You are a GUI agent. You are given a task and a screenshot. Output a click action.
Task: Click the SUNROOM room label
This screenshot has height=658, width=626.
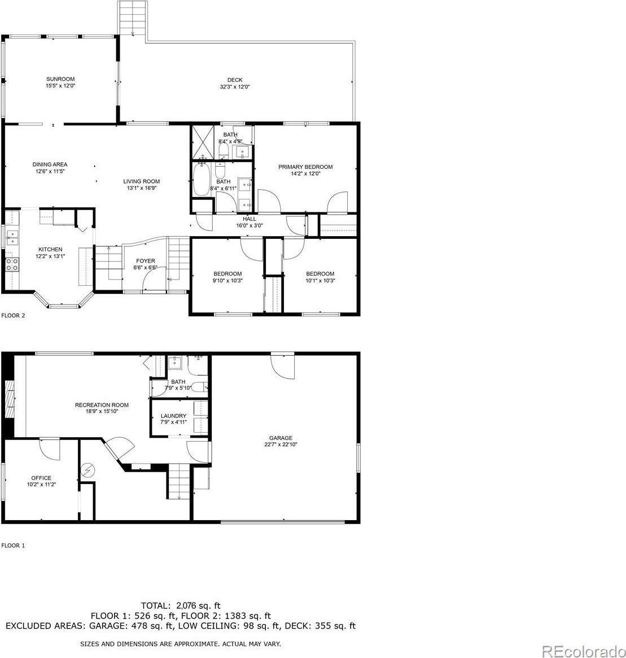coord(60,79)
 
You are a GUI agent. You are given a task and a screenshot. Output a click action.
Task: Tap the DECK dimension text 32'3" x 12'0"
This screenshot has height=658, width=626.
coord(235,87)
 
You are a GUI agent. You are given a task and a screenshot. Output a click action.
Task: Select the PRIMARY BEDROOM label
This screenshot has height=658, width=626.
coord(305,167)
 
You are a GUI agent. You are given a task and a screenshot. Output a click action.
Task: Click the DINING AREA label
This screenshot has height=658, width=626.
coord(50,164)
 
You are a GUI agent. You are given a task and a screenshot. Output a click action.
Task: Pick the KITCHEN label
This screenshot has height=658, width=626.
coord(50,249)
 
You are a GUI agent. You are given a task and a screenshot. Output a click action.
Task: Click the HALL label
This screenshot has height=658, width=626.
coord(249,219)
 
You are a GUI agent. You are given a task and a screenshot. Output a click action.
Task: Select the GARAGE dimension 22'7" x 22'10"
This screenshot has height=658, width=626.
coord(281,445)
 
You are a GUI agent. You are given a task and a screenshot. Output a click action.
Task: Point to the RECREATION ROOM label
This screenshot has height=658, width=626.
coord(102,404)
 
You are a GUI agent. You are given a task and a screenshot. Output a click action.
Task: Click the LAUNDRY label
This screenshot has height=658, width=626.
coord(173,416)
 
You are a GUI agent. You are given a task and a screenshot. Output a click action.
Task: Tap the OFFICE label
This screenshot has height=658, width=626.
coord(41,478)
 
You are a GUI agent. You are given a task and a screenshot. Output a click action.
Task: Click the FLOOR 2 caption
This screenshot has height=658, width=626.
coord(14,316)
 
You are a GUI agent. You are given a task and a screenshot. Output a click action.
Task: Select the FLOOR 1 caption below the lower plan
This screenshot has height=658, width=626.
coord(14,546)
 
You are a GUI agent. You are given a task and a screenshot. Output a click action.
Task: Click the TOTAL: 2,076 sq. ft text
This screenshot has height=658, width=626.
coord(181,605)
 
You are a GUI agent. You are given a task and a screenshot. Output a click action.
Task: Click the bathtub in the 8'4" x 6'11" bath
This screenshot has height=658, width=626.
coord(202,180)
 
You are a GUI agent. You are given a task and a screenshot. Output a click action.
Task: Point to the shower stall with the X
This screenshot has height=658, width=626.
coord(202,141)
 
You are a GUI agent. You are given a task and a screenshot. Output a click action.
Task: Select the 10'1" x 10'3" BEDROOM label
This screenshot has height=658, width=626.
coord(320,273)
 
